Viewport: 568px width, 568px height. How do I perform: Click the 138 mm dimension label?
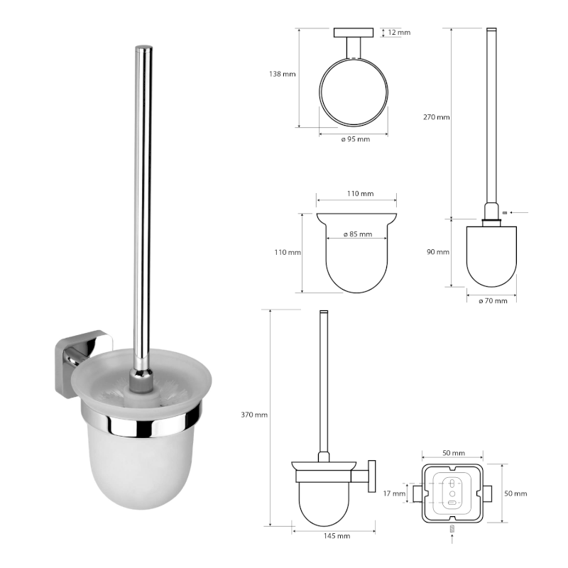click(x=282, y=74)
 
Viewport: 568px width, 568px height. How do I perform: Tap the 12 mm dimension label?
click(x=399, y=32)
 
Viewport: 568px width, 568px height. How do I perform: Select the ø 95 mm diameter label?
click(x=356, y=139)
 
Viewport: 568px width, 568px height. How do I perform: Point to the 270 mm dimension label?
click(x=437, y=117)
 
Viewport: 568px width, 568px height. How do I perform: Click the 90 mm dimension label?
click(x=438, y=252)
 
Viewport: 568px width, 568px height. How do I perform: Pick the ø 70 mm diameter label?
click(x=493, y=300)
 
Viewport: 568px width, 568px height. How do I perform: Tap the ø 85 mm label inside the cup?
click(x=358, y=234)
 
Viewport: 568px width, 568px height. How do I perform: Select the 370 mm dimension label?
click(x=254, y=415)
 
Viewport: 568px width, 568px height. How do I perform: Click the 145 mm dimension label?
click(x=337, y=536)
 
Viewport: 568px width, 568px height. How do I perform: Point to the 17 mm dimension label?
click(x=394, y=493)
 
